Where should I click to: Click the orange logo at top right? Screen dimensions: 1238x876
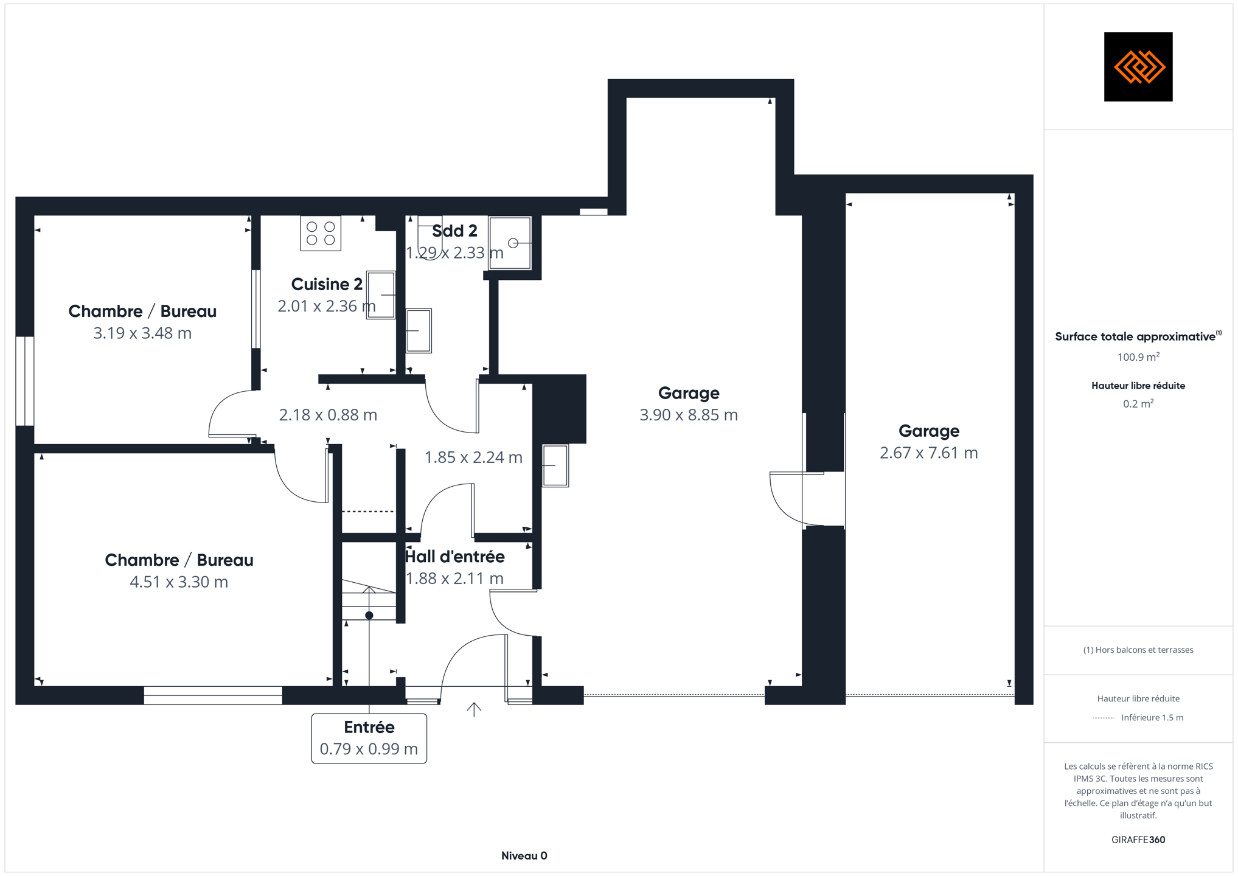click(x=1138, y=67)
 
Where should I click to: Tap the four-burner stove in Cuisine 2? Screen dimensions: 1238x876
click(x=321, y=233)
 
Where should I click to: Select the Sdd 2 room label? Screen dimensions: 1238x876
click(x=454, y=231)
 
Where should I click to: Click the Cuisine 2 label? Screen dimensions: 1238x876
click(x=327, y=284)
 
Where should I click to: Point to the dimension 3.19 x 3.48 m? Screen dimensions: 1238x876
click(x=142, y=333)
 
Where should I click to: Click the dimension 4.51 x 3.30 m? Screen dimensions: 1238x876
click(x=179, y=582)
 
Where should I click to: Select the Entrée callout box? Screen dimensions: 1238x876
click(x=369, y=738)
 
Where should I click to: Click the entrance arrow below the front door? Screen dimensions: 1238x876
click(x=474, y=709)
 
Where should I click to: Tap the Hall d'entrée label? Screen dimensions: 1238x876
click(x=455, y=557)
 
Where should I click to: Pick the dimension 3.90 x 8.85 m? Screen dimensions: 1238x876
click(x=689, y=415)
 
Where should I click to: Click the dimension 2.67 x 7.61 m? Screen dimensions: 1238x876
click(x=929, y=453)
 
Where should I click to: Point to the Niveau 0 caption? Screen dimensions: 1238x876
click(x=524, y=856)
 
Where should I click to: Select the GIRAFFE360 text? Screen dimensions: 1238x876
click(x=1138, y=840)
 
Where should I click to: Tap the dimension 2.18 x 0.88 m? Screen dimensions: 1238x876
click(x=329, y=415)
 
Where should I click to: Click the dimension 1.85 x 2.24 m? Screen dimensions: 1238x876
click(x=473, y=457)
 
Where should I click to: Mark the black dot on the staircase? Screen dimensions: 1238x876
click(x=369, y=616)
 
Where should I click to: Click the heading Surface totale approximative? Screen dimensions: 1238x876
click(x=1135, y=337)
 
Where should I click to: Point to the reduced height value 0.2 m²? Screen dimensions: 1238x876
click(x=1138, y=404)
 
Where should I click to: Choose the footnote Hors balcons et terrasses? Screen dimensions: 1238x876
click(x=1138, y=650)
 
